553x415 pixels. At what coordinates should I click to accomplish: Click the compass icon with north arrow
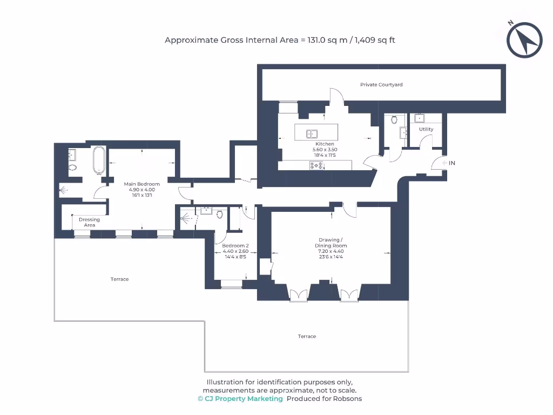[524, 40]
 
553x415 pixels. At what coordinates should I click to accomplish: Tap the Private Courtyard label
[381, 85]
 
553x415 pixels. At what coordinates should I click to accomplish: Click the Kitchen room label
[325, 144]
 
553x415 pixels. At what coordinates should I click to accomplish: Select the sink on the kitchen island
[312, 133]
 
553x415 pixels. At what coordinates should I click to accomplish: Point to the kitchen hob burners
[316, 165]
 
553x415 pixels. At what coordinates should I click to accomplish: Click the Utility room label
[426, 130]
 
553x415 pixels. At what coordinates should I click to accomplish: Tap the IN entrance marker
[452, 163]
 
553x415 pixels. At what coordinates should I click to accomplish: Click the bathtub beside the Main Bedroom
[99, 160]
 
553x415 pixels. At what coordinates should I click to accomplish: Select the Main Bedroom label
[141, 184]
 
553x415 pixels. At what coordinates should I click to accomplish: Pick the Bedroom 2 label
[235, 245]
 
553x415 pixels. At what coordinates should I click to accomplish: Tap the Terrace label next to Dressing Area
[119, 279]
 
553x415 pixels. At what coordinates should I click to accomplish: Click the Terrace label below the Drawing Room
[307, 337]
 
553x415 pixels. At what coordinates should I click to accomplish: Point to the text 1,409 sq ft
[375, 40]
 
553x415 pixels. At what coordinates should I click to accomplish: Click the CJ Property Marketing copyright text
[240, 399]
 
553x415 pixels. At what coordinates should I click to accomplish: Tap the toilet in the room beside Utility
[394, 120]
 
